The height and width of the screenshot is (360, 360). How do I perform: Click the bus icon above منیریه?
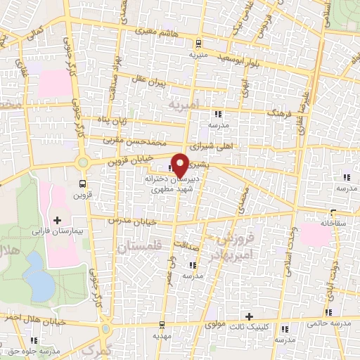tap(198, 42)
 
